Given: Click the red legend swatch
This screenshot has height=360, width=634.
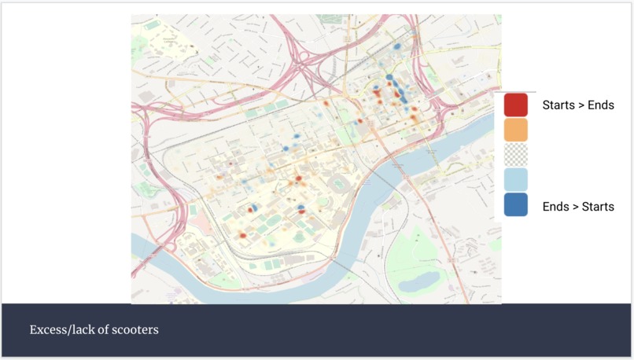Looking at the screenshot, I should pyautogui.click(x=515, y=105).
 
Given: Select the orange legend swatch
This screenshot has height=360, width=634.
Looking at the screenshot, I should pyautogui.click(x=515, y=129).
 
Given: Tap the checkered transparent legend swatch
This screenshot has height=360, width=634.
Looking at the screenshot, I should pyautogui.click(x=515, y=154).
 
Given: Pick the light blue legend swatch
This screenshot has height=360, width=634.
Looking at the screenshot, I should pyautogui.click(x=515, y=179).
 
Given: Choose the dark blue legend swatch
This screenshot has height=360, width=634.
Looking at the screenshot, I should pyautogui.click(x=515, y=204).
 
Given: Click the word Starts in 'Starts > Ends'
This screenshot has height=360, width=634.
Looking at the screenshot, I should pyautogui.click(x=557, y=105).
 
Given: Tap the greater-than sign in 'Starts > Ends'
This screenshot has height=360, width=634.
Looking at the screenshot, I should pyautogui.click(x=580, y=105).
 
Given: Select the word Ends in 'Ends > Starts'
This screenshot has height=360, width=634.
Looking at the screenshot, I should pyautogui.click(x=555, y=207).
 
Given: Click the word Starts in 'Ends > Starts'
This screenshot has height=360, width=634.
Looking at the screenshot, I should pyautogui.click(x=598, y=207).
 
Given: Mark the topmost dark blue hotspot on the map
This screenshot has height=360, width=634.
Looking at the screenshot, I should pyautogui.click(x=397, y=46).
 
